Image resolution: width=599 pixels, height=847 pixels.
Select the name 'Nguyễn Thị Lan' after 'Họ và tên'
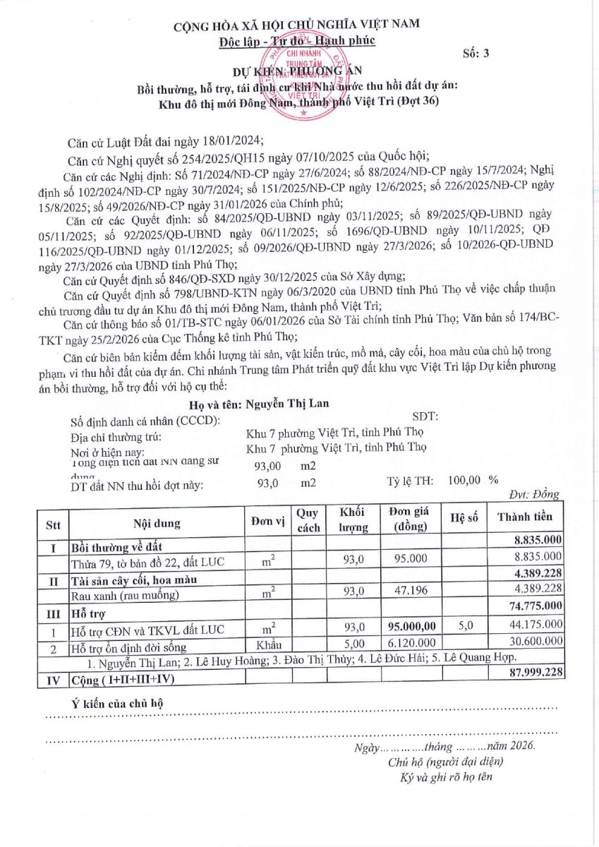point(285,404)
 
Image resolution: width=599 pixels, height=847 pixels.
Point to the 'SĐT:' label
point(425,416)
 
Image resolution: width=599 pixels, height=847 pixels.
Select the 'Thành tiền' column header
point(524,517)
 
